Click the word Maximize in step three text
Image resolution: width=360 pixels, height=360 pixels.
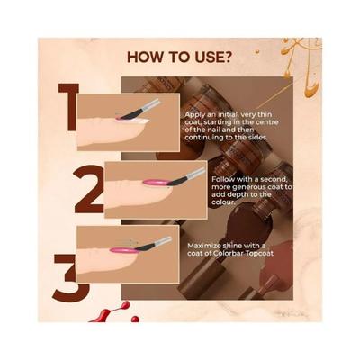pyautogui.click(x=204, y=245)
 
